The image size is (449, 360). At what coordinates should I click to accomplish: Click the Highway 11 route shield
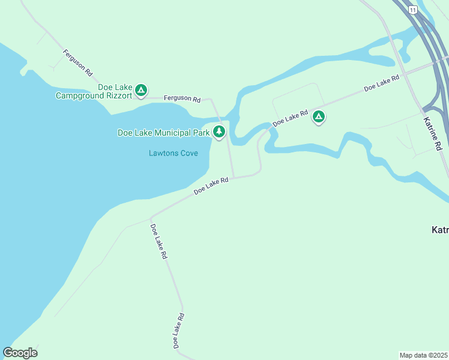click(x=412, y=10)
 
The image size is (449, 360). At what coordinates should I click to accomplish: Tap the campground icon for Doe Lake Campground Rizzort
click(x=141, y=91)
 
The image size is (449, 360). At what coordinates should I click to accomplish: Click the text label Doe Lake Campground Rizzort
click(x=94, y=91)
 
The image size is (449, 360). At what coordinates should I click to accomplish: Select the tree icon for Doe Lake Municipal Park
click(x=219, y=131)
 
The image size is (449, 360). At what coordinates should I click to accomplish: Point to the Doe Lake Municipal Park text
click(x=163, y=133)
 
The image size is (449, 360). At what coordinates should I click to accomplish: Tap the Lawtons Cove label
click(x=173, y=153)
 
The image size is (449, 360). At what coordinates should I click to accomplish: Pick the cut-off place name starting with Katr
click(x=440, y=230)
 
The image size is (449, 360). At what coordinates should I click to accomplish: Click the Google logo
click(x=20, y=353)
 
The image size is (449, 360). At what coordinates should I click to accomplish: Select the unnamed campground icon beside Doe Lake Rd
click(x=319, y=117)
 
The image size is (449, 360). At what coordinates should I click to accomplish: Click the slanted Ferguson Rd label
click(x=78, y=62)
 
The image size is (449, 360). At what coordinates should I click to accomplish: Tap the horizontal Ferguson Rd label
click(x=182, y=98)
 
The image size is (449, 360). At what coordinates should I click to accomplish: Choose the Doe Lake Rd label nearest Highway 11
click(x=382, y=83)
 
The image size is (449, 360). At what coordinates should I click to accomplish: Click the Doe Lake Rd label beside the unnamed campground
click(x=291, y=117)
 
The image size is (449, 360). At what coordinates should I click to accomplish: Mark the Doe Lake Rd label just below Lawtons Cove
click(x=211, y=185)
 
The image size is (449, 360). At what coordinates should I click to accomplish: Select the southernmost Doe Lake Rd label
click(x=178, y=331)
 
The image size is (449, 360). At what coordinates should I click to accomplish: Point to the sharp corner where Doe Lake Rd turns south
click(x=151, y=217)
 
